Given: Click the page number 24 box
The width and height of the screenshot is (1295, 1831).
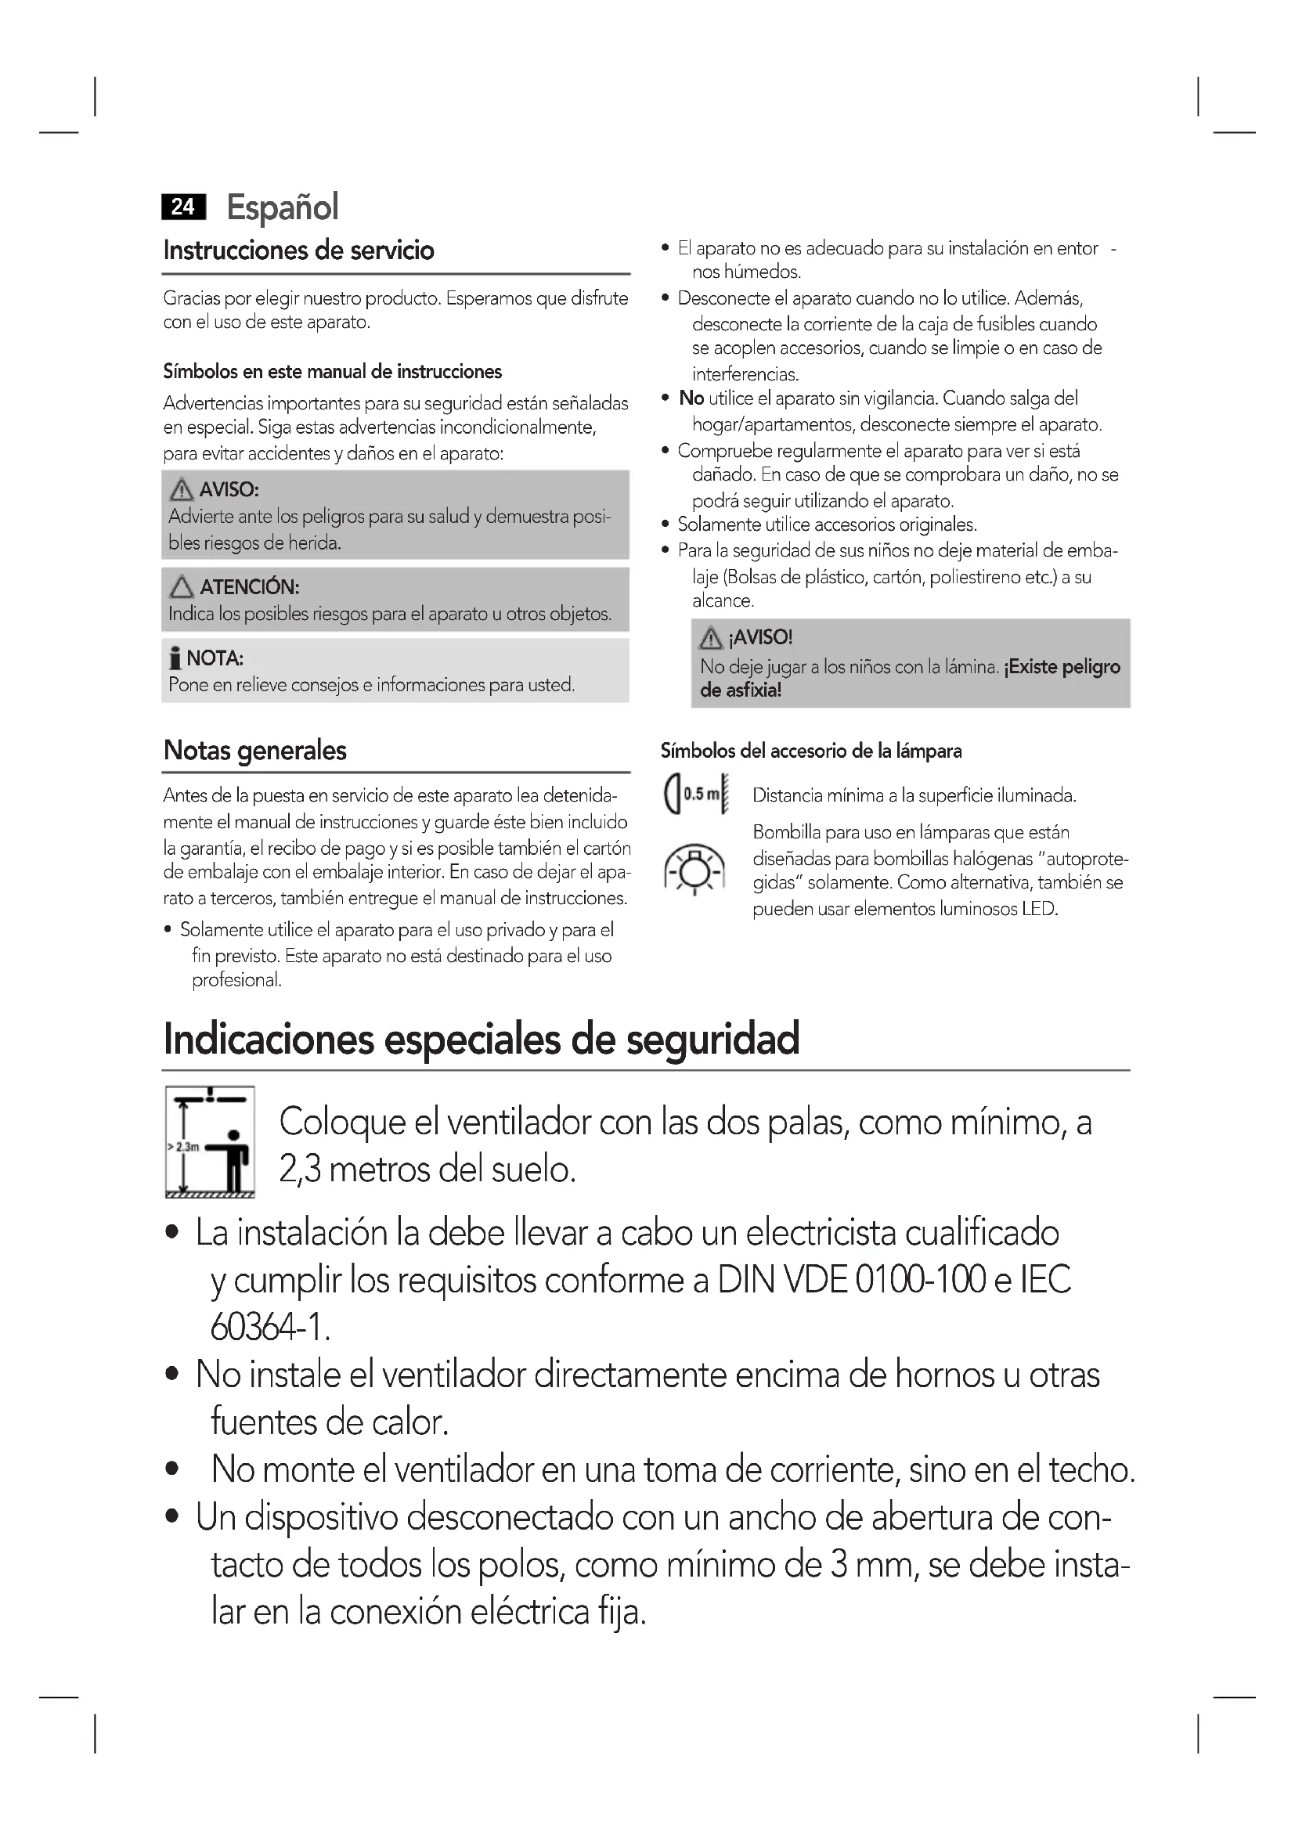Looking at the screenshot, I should tap(183, 207).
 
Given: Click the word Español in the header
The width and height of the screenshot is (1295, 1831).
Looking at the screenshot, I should tap(283, 207).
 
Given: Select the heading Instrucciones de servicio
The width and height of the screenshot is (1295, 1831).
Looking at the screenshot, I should tap(298, 251).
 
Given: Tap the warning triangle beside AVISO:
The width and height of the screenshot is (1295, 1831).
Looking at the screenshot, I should tap(182, 488).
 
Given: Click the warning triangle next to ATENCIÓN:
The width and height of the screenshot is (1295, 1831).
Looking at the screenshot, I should tap(182, 587).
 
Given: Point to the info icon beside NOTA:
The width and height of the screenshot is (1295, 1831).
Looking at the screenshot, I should tap(175, 658).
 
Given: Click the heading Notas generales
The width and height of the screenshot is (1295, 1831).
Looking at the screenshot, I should tap(254, 751).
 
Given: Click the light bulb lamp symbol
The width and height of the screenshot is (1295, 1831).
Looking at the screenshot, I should tap(694, 869).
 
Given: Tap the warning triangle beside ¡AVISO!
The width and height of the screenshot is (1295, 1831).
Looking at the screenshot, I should tap(710, 638).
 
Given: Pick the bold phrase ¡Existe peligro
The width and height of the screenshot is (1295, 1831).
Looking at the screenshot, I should tap(1062, 667).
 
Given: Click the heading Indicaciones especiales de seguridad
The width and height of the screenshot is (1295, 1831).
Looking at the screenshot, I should tap(481, 1038).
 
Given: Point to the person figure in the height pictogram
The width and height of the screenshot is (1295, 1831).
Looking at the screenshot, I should tap(234, 1159).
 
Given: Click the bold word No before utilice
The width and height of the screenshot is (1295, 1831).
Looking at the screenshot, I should tap(691, 398).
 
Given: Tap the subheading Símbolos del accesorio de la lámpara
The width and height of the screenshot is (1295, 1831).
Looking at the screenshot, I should tap(811, 752).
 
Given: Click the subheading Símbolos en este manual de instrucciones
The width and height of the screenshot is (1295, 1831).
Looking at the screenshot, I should tap(333, 372).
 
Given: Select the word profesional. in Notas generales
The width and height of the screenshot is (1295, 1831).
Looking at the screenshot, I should tap(236, 980).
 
